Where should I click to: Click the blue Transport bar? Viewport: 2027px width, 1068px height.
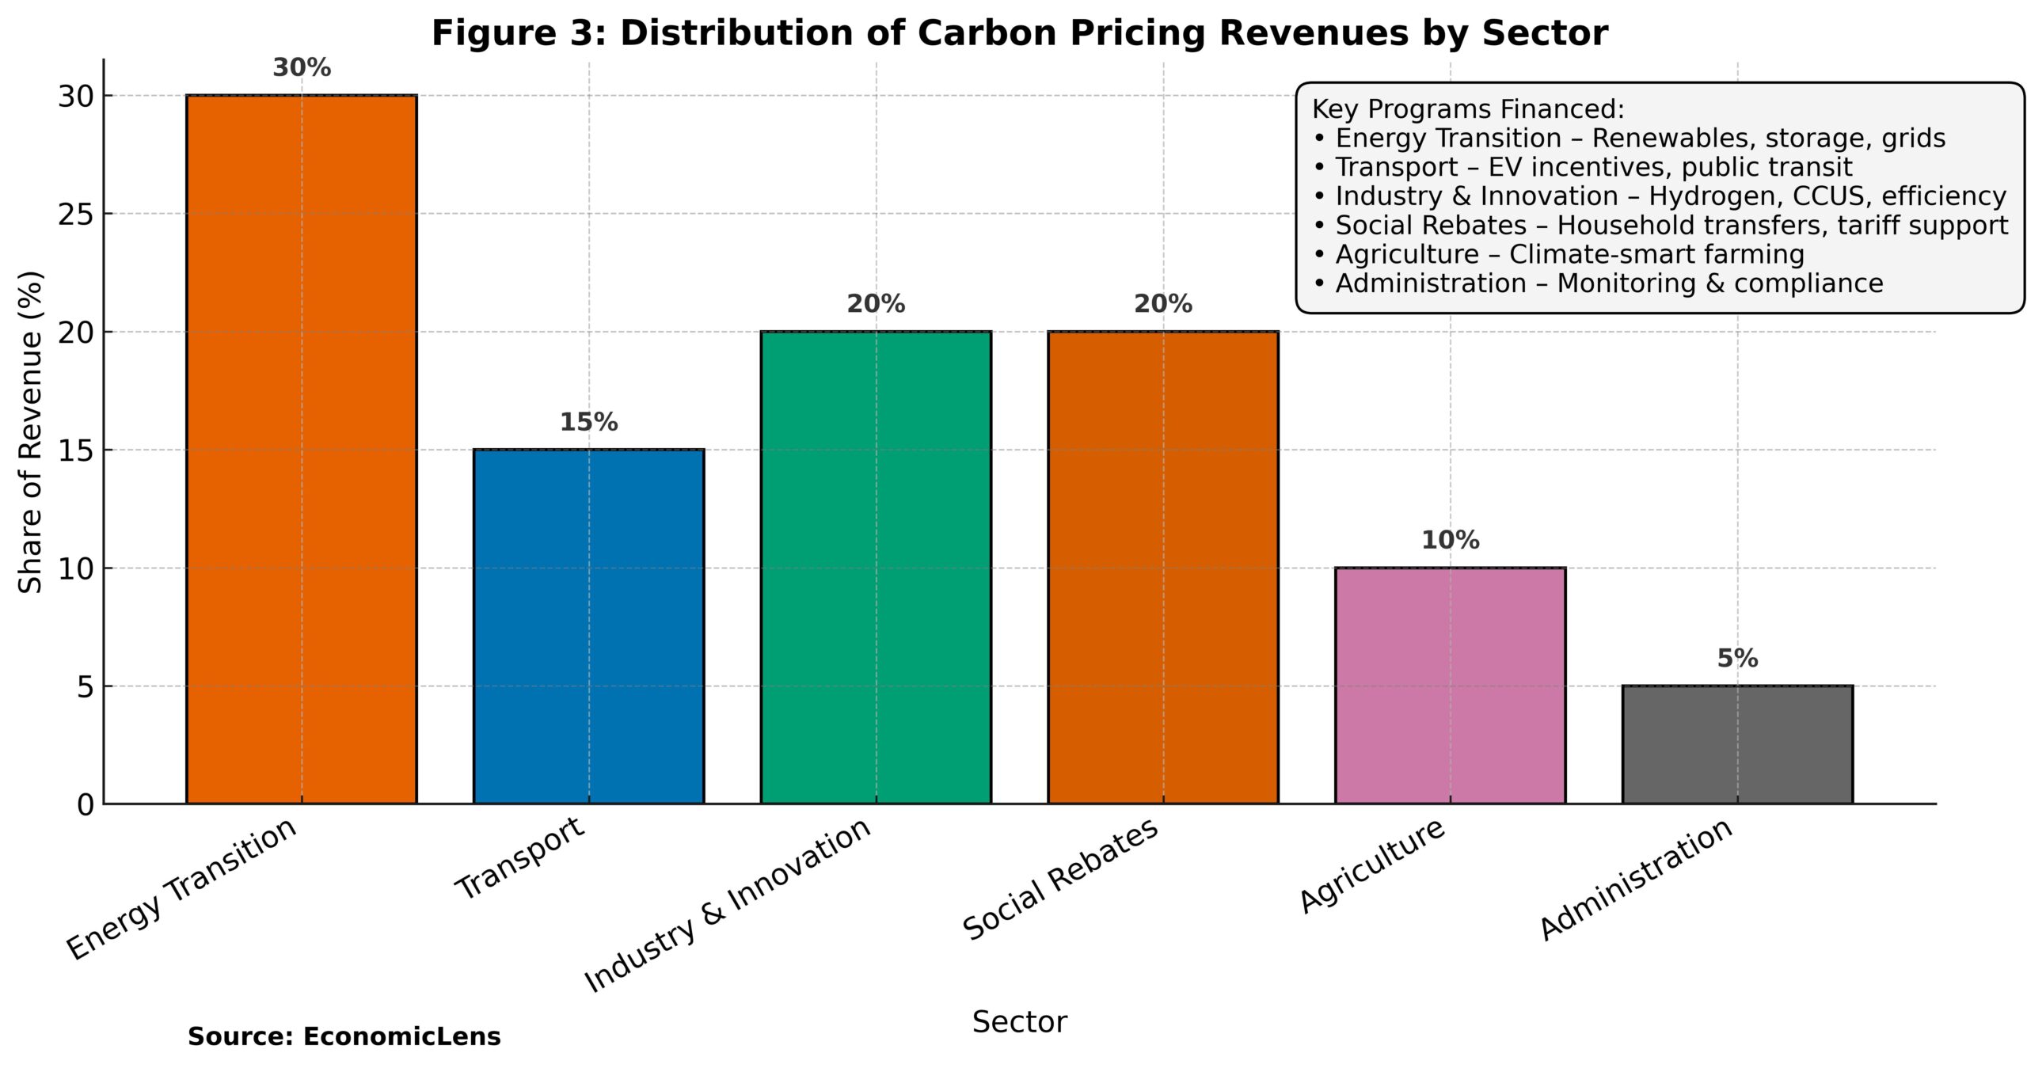(x=588, y=625)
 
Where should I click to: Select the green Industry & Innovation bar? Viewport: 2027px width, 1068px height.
(x=876, y=567)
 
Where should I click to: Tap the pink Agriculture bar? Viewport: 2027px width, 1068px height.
(x=1450, y=685)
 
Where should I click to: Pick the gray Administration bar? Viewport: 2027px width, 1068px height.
(x=1737, y=744)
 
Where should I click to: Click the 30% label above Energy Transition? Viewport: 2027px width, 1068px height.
(x=302, y=68)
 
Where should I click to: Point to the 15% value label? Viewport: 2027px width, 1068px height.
(x=588, y=423)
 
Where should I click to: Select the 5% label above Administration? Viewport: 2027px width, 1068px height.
(x=1737, y=659)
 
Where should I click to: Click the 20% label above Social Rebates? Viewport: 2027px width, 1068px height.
(x=1162, y=304)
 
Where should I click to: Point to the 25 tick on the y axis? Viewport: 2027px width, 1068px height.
(x=75, y=215)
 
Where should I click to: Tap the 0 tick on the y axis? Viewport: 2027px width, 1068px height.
(x=86, y=805)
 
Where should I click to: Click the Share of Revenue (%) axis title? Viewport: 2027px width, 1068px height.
(x=30, y=432)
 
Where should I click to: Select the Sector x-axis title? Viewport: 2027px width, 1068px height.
(x=1019, y=1022)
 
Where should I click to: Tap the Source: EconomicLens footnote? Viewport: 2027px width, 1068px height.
(x=344, y=1036)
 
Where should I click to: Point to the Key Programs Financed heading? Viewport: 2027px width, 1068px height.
(x=1467, y=109)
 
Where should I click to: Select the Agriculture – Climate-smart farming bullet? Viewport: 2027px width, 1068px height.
(x=1558, y=254)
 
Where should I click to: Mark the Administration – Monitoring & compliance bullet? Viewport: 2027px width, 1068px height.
(x=1598, y=283)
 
